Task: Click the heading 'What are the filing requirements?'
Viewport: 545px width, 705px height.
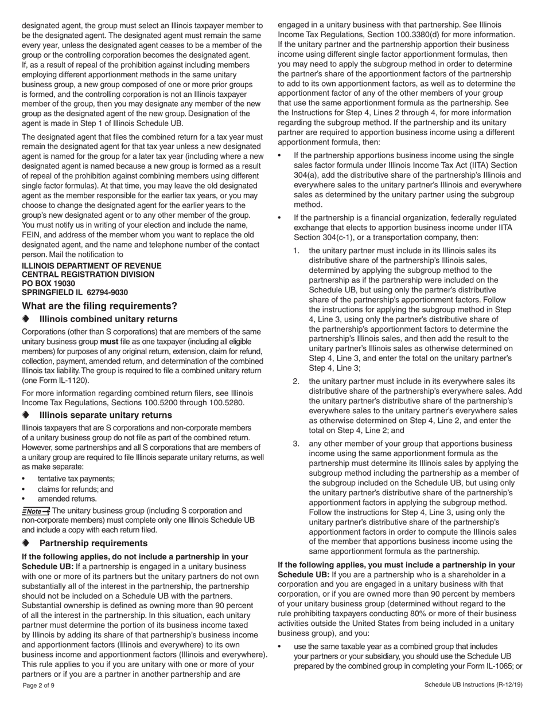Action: [x=99, y=306]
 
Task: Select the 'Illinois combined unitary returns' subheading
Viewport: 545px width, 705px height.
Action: [x=108, y=319]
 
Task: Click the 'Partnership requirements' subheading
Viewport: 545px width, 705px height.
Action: [x=94, y=543]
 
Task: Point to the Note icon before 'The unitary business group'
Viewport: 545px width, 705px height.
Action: [x=36, y=511]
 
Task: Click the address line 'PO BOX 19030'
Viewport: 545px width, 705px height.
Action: [x=48, y=284]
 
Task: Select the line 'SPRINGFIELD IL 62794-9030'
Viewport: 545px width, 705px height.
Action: [x=75, y=292]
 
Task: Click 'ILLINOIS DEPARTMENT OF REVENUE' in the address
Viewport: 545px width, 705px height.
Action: [x=91, y=266]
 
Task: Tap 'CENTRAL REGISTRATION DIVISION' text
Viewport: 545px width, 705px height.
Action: [x=88, y=275]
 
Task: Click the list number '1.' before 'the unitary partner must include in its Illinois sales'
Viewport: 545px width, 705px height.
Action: [x=297, y=250]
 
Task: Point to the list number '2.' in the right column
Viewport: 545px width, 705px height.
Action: [x=297, y=381]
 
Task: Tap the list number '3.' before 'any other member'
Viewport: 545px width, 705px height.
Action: [x=297, y=444]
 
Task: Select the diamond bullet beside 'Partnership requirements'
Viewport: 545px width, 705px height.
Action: [x=25, y=543]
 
